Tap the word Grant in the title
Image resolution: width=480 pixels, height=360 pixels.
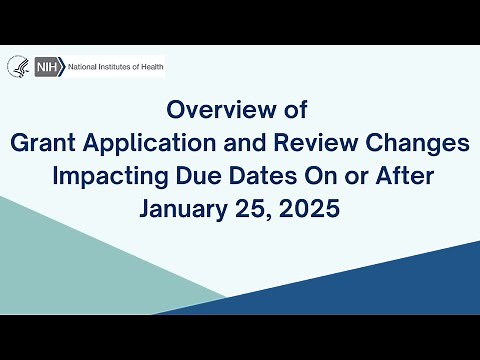40,143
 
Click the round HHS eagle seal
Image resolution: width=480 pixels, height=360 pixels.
19,66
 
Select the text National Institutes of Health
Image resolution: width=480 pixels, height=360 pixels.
115,66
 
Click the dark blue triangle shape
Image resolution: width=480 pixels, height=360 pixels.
390,290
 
